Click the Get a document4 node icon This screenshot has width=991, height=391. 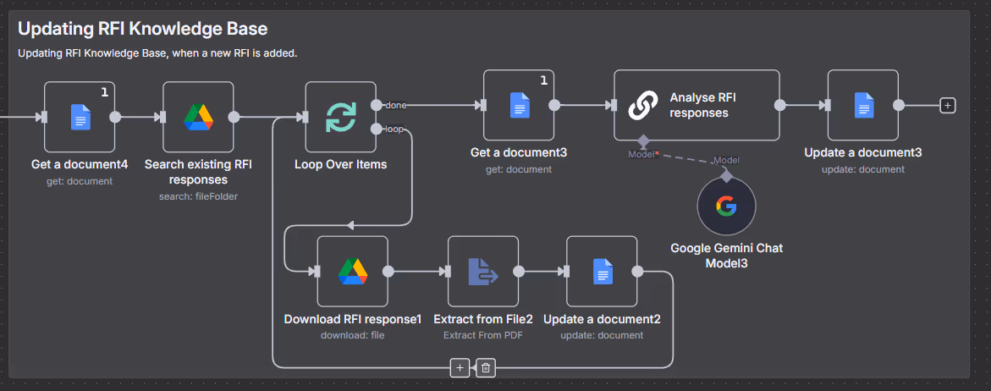[x=80, y=117]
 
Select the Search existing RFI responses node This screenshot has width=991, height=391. [x=198, y=117]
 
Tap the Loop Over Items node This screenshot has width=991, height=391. [x=340, y=117]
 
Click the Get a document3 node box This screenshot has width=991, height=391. [x=519, y=105]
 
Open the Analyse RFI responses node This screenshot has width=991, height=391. [x=696, y=105]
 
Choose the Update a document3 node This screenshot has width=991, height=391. [x=862, y=105]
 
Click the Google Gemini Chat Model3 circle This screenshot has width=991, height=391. [x=726, y=206]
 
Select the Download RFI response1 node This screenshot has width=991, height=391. [x=352, y=271]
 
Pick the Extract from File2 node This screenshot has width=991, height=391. [x=482, y=271]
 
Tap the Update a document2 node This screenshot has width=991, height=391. [x=602, y=271]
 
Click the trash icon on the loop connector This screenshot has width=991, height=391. [x=485, y=367]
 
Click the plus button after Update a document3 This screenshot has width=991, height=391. [x=948, y=105]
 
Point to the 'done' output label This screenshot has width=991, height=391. [x=395, y=105]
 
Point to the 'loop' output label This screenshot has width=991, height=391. [x=394, y=129]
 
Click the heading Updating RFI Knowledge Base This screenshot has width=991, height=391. [x=142, y=29]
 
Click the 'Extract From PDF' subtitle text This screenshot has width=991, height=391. [x=482, y=335]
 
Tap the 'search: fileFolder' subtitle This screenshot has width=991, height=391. [x=198, y=196]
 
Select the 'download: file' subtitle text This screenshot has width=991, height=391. [x=352, y=335]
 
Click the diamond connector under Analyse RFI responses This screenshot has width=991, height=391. [x=642, y=141]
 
